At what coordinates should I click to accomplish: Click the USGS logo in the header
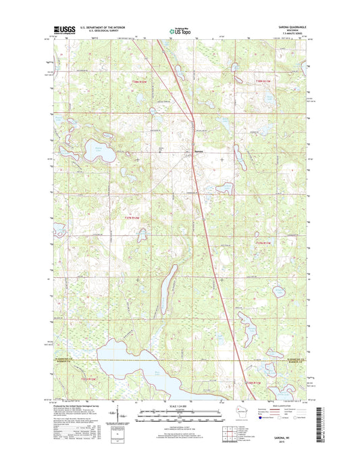57,30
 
